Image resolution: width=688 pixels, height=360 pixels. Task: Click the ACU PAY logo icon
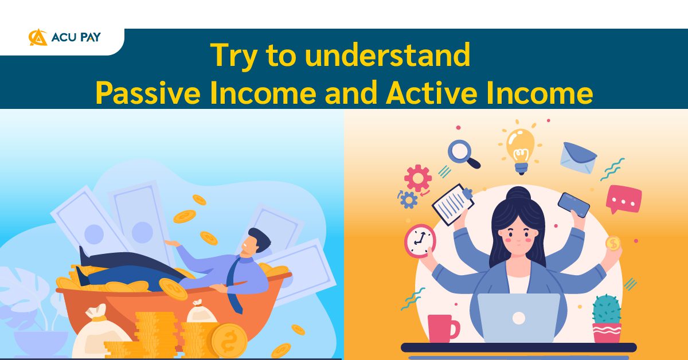pyautogui.click(x=38, y=37)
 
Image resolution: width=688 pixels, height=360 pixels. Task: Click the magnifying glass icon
pyautogui.click(x=463, y=154)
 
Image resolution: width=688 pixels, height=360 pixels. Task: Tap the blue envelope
pyautogui.click(x=578, y=157)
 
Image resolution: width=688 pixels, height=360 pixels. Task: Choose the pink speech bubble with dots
pyautogui.click(x=623, y=198)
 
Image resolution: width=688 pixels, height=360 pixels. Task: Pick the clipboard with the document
pyautogui.click(x=454, y=204)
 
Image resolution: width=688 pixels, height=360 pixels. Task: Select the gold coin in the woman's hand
pyautogui.click(x=613, y=244)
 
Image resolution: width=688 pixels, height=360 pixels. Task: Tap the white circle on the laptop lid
pyautogui.click(x=518, y=317)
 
